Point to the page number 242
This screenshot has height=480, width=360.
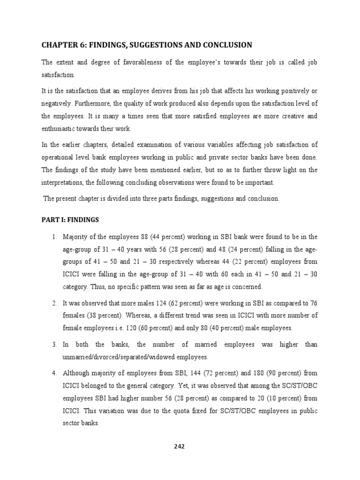pyautogui.click(x=180, y=446)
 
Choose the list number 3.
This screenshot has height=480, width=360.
pyautogui.click(x=54, y=345)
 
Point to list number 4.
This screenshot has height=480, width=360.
pyautogui.click(x=54, y=374)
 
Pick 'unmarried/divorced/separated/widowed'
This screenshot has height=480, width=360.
pyautogui.click(x=120, y=357)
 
